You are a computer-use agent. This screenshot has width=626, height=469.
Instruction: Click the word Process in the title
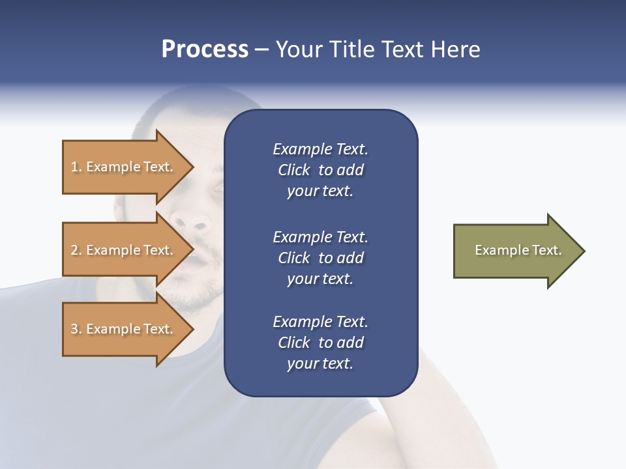click(x=205, y=50)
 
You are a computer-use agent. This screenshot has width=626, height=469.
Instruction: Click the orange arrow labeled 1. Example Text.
click(x=124, y=167)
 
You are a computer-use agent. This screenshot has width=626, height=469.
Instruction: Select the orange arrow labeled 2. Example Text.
click(x=124, y=250)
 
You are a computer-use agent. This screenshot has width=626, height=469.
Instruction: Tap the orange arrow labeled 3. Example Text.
click(x=124, y=329)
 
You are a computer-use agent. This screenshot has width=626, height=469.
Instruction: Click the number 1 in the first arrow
click(x=74, y=167)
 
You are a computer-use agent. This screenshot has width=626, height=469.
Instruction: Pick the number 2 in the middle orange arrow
click(x=74, y=250)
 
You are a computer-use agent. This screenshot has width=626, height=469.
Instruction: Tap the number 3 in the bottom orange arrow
click(x=74, y=329)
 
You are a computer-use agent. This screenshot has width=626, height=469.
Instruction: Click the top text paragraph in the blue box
click(x=320, y=170)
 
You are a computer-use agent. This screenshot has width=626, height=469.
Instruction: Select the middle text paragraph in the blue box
click(x=320, y=258)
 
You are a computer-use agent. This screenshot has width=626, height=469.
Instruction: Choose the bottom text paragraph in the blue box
click(x=320, y=343)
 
